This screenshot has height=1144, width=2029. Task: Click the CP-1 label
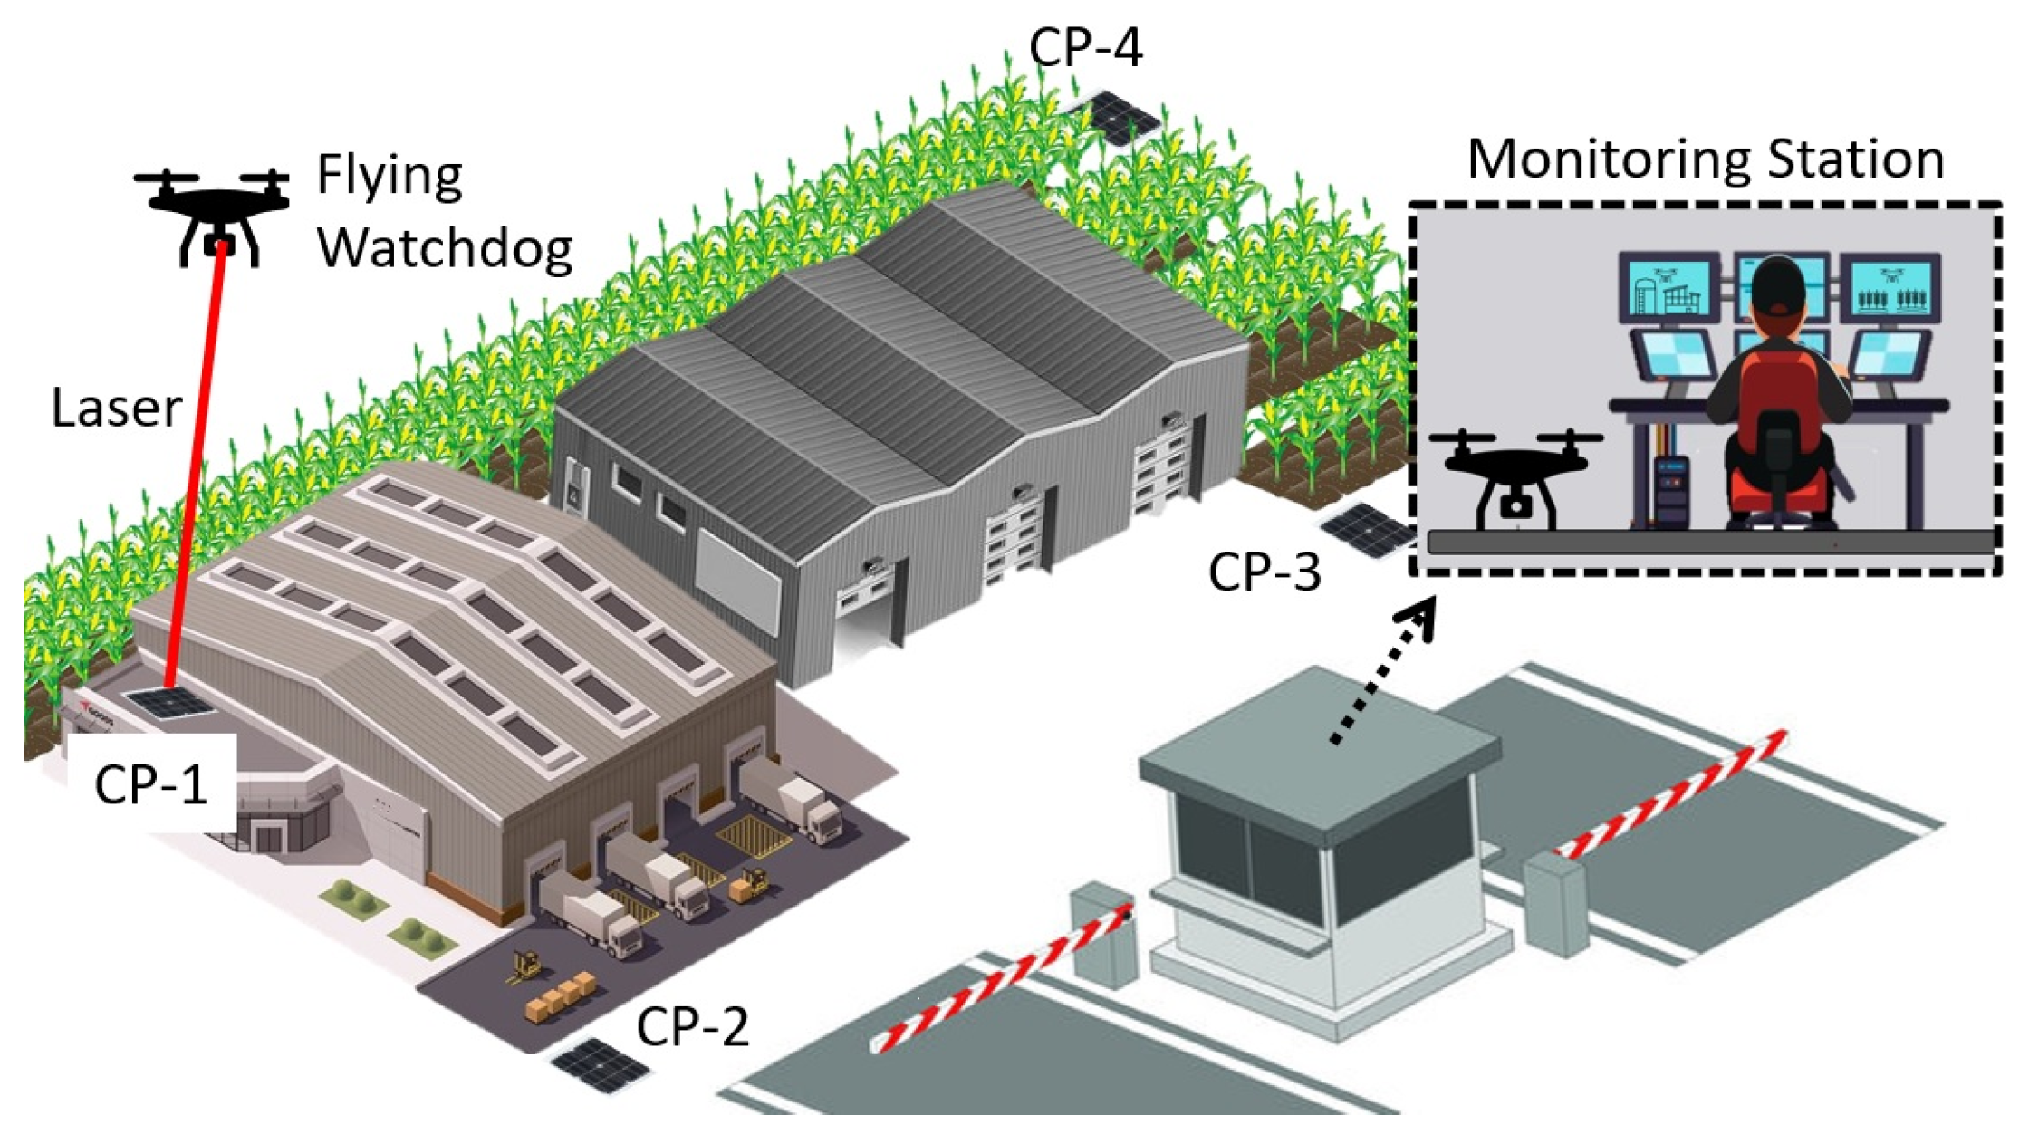coord(151,784)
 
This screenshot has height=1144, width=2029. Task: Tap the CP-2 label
coord(693,1026)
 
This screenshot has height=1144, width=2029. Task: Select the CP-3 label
coord(1265,572)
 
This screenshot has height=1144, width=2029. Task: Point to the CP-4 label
coord(1086,47)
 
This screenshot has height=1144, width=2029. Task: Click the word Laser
coord(117,409)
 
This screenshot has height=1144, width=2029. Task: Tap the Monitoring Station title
coord(1706,160)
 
